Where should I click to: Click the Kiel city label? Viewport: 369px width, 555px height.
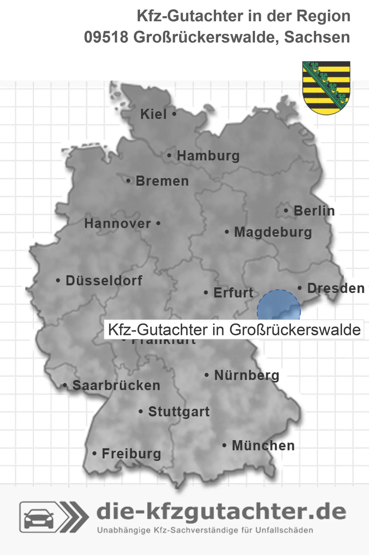tap(153, 114)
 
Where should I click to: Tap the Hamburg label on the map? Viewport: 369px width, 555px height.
tap(208, 156)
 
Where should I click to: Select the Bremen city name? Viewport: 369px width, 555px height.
tap(162, 181)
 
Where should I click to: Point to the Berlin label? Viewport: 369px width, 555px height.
tap(314, 211)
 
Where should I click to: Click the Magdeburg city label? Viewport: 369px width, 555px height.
tap(273, 232)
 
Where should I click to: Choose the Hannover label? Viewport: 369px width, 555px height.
tap(118, 224)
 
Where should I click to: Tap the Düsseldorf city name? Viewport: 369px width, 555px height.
tap(104, 281)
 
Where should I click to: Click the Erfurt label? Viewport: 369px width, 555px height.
tap(233, 293)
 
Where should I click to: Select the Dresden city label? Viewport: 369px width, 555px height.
tap(336, 288)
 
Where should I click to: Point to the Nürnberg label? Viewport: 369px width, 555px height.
tap(247, 375)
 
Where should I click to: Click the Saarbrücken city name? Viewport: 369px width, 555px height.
tap(116, 386)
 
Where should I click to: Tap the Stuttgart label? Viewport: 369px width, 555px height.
tap(179, 412)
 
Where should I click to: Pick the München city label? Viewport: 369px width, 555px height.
tap(263, 445)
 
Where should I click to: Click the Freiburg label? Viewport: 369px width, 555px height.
tap(131, 454)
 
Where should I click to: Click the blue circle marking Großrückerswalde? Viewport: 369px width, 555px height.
tap(279, 306)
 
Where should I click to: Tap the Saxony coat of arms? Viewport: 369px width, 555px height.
tap(326, 88)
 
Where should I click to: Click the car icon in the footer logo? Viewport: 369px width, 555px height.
tap(39, 519)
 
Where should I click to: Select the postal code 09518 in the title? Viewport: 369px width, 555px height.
tap(106, 37)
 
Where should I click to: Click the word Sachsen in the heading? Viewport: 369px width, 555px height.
tap(317, 37)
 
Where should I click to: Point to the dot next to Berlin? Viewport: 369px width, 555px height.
tap(286, 210)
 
